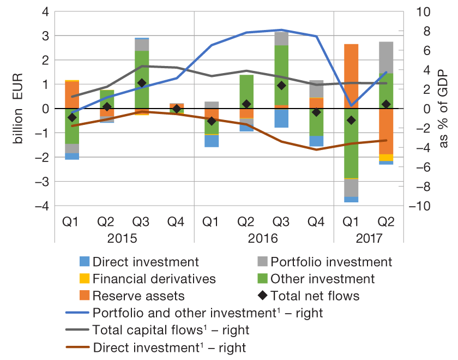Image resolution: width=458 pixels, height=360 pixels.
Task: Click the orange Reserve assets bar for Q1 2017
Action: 351,76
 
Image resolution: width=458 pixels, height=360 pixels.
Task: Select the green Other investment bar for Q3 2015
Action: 142,80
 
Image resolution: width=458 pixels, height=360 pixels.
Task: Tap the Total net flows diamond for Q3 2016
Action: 281,86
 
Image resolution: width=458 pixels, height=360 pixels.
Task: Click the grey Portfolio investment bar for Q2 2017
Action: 386,57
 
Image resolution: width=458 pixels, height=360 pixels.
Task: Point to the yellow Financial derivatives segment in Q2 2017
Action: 386,158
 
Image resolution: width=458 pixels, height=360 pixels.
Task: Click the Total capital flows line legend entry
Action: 164,330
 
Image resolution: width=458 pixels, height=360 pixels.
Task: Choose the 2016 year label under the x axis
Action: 264,239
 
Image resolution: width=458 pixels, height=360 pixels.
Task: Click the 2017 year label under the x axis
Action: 369,239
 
